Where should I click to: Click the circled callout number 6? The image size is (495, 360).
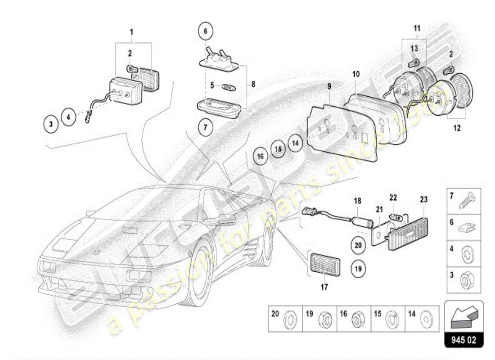[x=205, y=31]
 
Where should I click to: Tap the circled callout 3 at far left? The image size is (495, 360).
[x=51, y=123]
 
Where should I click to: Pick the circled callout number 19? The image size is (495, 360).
[x=358, y=269]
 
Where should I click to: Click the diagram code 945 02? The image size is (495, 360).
[x=463, y=340]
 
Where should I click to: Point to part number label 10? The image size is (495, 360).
[x=355, y=74]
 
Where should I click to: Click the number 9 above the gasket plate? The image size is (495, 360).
[x=329, y=85]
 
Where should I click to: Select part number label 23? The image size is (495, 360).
[x=424, y=199]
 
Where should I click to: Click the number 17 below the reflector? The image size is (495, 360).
[x=324, y=286]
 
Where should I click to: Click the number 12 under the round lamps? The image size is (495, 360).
[x=457, y=128]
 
